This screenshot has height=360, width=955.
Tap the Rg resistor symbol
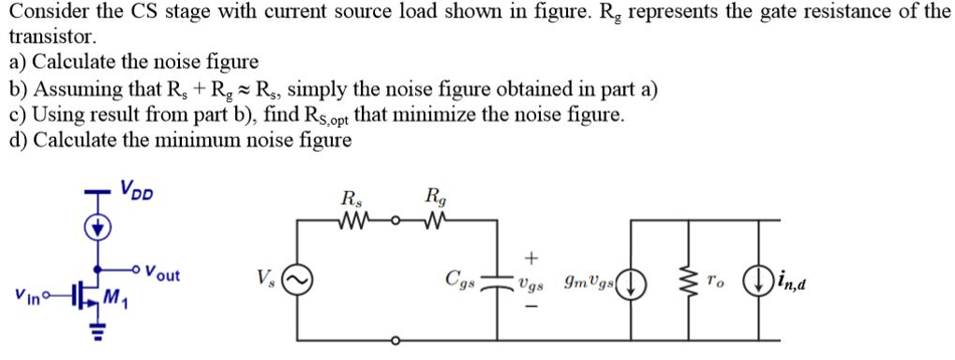[x=435, y=221]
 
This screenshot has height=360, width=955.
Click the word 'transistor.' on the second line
[x=52, y=38]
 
